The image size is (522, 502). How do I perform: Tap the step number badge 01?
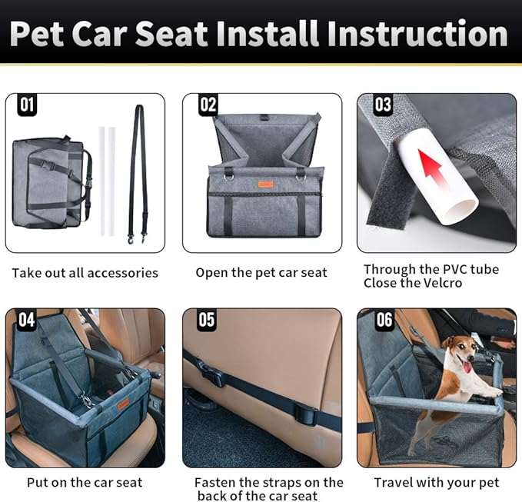[x=27, y=105]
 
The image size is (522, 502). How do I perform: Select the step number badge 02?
[x=208, y=105]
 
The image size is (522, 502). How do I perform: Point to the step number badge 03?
[x=382, y=105]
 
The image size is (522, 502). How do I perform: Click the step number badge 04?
[x=27, y=320]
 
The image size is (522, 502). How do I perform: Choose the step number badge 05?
[x=206, y=320]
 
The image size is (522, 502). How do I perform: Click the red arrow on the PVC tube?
[x=434, y=169]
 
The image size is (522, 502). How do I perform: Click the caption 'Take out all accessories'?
[x=85, y=273]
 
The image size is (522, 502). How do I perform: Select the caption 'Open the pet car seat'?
[x=261, y=273]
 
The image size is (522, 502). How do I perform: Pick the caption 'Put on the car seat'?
[x=85, y=483]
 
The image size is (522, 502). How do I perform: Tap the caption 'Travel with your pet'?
[x=436, y=483]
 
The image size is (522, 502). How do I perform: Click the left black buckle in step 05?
[x=213, y=377]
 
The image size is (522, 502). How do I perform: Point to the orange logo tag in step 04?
[x=123, y=404]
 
